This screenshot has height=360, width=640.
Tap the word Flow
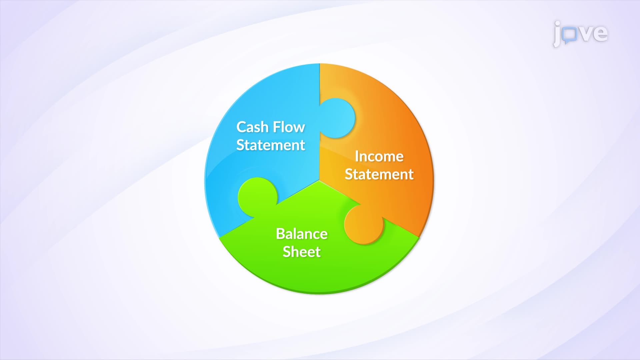[289, 127]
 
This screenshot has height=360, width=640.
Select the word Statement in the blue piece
[270, 145]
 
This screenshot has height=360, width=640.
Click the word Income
[379, 156]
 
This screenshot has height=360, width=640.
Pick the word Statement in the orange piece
[379, 174]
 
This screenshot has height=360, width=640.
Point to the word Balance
[301, 234]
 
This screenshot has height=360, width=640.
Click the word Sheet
[301, 252]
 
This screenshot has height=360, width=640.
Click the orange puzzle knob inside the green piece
[364, 224]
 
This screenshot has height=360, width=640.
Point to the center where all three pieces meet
[319, 181]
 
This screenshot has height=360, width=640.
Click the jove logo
[580, 33]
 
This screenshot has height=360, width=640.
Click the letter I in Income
[357, 156]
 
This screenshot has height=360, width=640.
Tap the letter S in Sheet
[286, 252]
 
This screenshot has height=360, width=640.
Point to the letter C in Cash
[241, 127]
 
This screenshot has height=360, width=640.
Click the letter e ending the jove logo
[600, 33]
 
